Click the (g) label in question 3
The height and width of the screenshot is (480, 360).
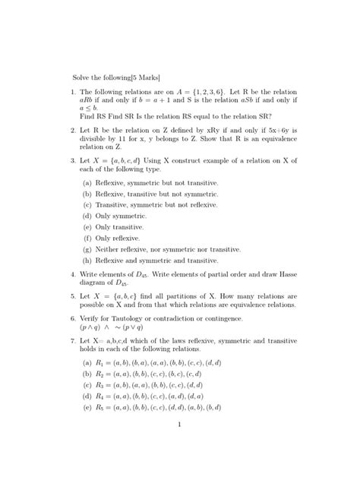pos(88,248)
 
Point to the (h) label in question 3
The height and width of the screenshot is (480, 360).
pos(88,260)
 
